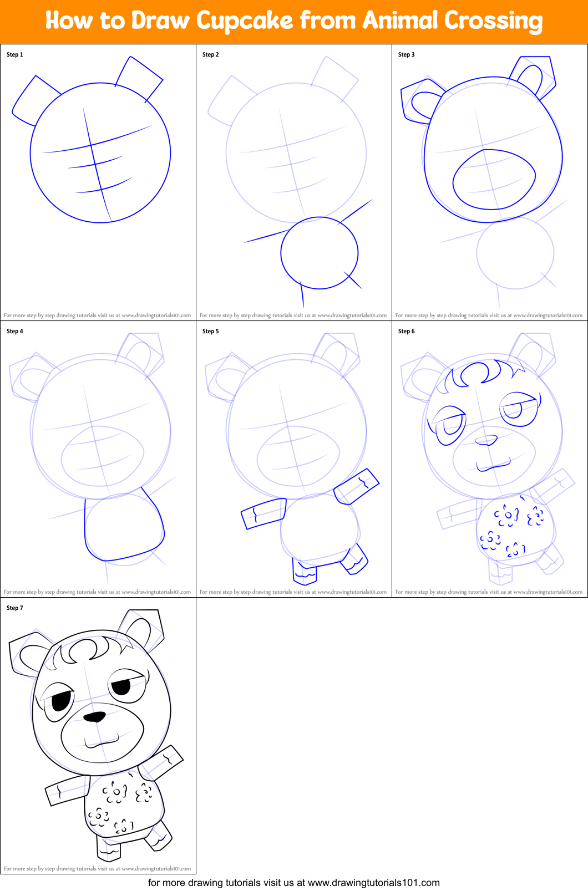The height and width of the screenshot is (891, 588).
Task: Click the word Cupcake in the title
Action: coord(244,21)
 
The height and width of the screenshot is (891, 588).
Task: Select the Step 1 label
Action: coord(15,54)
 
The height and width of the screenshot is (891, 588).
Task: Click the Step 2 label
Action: coord(211,54)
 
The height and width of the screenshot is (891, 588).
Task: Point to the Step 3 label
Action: coord(407,54)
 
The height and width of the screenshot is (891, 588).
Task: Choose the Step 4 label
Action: coord(15,331)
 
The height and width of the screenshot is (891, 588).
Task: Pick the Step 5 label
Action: coord(211,331)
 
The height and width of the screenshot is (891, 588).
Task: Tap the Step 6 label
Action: coord(407,331)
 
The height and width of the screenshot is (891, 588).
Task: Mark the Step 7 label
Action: coord(15,608)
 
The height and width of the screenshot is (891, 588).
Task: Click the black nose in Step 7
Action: coord(94,716)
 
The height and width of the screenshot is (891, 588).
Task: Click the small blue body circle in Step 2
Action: coord(319,253)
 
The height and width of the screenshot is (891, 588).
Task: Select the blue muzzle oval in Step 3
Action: coord(494,179)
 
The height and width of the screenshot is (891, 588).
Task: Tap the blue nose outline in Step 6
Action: coord(486,440)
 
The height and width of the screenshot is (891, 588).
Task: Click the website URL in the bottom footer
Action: coord(373,883)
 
